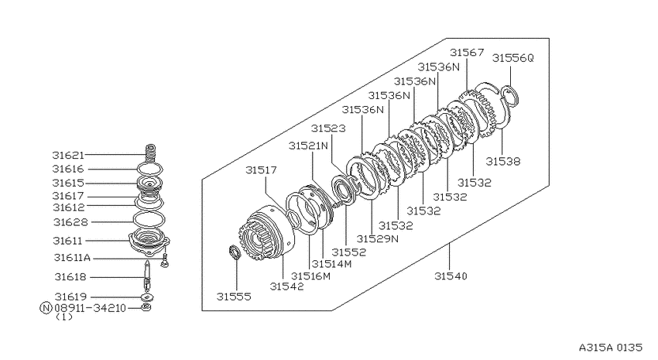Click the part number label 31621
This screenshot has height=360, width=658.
point(68,156)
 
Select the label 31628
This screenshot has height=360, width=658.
point(70,222)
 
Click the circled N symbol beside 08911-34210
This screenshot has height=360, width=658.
point(46,308)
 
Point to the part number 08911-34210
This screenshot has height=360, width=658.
point(91,308)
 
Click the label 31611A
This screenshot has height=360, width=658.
point(72,258)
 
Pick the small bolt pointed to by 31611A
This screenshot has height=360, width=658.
point(165,261)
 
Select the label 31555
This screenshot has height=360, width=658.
point(234,297)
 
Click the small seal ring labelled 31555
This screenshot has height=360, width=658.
point(235,252)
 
